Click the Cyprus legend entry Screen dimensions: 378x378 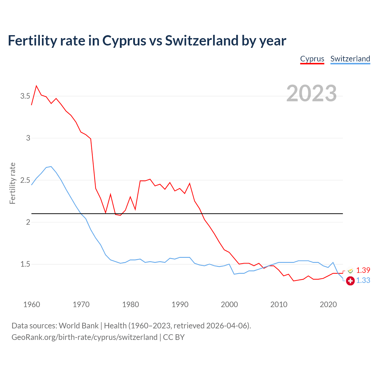coord(312,59)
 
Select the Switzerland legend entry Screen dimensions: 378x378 coord(350,59)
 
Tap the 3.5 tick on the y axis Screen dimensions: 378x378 coord(25,96)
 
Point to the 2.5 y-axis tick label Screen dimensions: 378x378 coord(25,180)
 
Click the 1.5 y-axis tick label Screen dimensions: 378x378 coord(25,264)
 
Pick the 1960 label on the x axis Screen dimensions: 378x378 coord(32,304)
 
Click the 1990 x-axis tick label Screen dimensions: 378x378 coord(180,304)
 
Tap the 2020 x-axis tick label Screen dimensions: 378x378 coord(328,304)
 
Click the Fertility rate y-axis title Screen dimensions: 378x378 coord(12,183)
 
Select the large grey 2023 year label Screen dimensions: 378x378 coord(312,93)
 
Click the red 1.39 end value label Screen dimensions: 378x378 coord(363,270)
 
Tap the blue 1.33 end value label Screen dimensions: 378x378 coord(363,280)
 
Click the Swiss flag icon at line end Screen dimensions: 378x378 coord(350,281)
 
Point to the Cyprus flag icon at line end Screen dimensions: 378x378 coord(351,271)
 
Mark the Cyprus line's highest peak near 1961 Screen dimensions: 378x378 coord(36,86)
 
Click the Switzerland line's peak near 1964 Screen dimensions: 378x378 coord(51,167)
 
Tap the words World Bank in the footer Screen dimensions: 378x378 coord(79,325)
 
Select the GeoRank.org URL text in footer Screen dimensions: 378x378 coord(84,337)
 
